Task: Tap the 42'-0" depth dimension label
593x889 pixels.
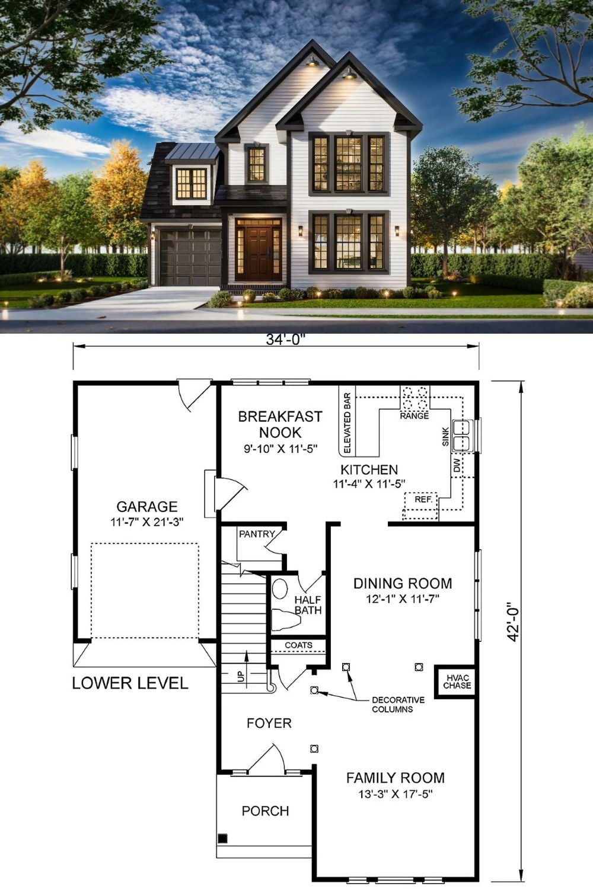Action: point(514,622)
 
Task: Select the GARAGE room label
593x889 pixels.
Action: point(146,507)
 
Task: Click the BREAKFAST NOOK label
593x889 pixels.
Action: point(280,424)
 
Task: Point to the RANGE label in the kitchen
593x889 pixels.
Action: point(414,416)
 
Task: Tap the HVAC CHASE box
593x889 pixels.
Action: point(457,682)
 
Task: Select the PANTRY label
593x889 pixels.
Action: point(257,534)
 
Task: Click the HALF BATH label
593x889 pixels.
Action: point(308,605)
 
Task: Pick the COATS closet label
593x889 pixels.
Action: point(298,645)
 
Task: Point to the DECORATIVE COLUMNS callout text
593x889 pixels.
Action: point(398,704)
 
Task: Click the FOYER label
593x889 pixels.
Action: point(269,723)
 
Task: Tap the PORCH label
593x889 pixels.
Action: point(265,811)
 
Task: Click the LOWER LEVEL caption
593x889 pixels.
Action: point(130,683)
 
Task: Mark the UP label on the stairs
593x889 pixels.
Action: point(241,676)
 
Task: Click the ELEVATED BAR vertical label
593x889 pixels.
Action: point(347,423)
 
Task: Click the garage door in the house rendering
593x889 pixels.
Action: point(190,258)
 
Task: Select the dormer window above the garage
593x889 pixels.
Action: point(191,183)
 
